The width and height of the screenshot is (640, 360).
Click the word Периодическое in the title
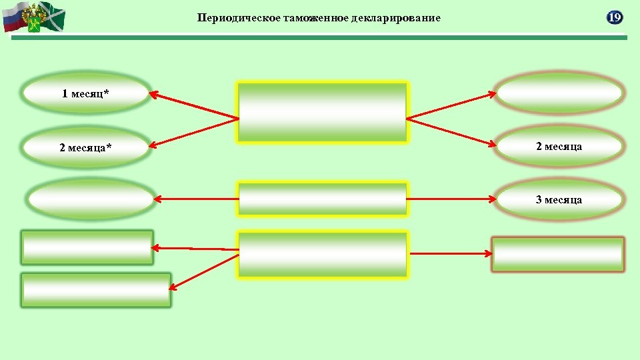coord(230,18)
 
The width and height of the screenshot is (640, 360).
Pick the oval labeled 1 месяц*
coord(85,93)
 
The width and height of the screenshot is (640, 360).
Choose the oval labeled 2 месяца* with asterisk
coord(85,147)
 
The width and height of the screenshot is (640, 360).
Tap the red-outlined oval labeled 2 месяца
coord(559,146)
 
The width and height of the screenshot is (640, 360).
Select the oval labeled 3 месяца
coord(559,199)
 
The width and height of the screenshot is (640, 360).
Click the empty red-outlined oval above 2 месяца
coord(559,93)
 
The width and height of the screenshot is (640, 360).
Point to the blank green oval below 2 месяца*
coord(91,198)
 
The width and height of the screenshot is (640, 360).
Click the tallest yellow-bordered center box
coord(323,112)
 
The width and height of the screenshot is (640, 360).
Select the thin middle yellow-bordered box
coord(323,199)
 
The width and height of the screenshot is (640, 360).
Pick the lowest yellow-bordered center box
coord(323,254)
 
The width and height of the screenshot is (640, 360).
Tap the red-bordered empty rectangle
coord(557,254)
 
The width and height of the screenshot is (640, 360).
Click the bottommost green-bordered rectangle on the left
coord(96,290)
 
